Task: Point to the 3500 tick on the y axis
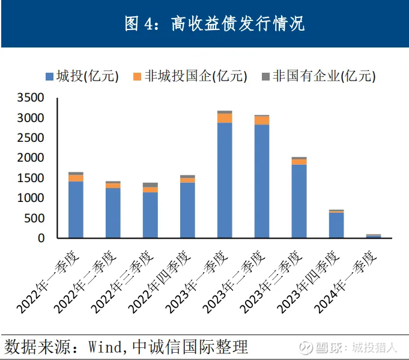coord(31,98)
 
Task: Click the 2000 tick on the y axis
coord(31,158)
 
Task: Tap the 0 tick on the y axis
coord(41,238)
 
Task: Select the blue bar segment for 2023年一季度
coord(225,180)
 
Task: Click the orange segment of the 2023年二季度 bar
coord(262,120)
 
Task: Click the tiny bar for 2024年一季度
coord(374,236)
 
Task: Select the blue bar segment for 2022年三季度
coord(150,215)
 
